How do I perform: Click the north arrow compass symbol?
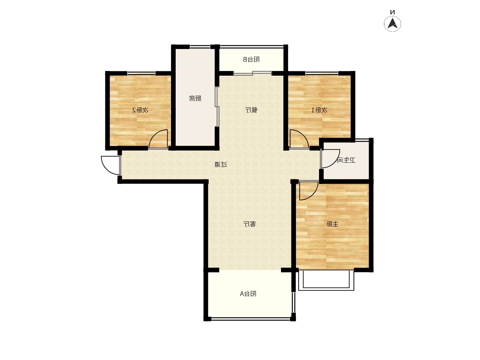pos(393,24)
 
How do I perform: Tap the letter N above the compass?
pos(393,12)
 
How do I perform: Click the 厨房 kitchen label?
pos(195,98)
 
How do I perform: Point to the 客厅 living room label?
pos(250,224)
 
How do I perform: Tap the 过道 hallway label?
pos(221,164)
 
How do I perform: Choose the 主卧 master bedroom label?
pos(332,224)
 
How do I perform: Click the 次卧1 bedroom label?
pos(319,110)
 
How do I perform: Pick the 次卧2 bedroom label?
pos(140,110)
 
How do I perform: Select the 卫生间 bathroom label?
pos(346,160)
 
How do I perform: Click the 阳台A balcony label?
pos(248,294)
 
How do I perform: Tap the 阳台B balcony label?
pos(251,59)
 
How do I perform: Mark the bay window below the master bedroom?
pos(326,280)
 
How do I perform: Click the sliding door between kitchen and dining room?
pos(217,107)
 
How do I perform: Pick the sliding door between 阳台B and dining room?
pos(253,73)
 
